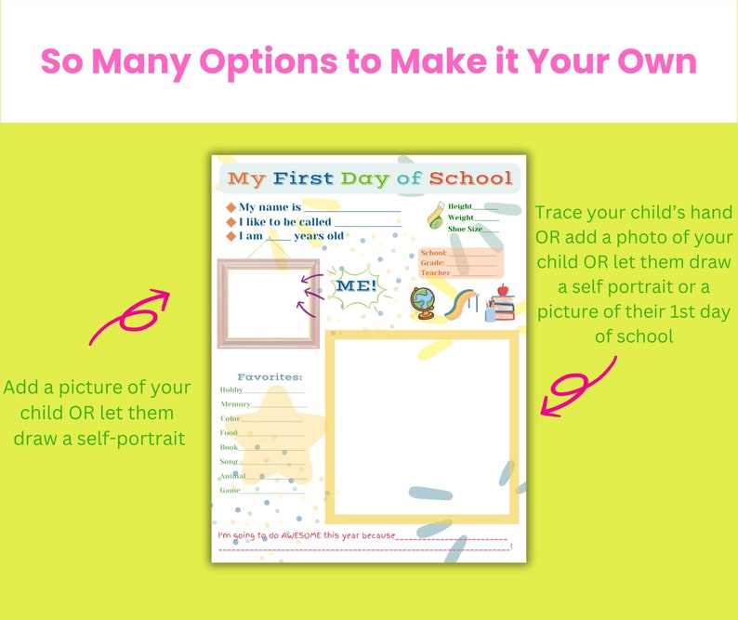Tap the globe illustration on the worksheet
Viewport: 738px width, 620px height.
point(424,303)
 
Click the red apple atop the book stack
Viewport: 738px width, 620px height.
point(504,291)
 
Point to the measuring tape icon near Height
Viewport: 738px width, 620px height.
point(434,218)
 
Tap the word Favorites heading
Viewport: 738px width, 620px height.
point(270,376)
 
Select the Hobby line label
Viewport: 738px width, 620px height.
point(231,390)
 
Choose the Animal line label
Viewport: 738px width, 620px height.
point(232,476)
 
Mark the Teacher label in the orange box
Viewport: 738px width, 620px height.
point(436,273)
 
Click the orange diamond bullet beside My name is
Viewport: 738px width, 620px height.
point(231,207)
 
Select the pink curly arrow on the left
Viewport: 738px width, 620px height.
point(131,316)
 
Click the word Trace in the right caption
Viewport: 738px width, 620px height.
point(558,213)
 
